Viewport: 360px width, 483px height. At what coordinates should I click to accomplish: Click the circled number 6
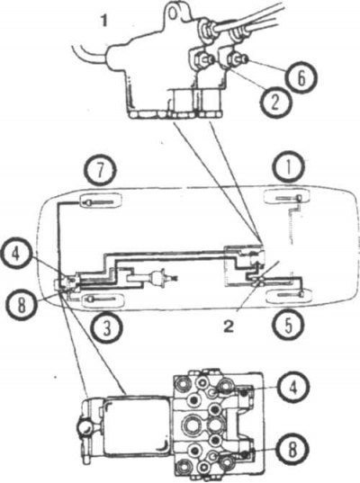click(x=301, y=76)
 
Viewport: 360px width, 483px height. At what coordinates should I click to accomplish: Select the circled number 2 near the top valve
click(x=275, y=103)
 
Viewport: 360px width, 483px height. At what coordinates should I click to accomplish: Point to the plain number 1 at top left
click(x=104, y=22)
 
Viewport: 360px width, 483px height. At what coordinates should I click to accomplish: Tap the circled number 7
click(x=100, y=170)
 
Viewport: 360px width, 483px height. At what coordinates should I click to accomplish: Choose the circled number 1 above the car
click(x=288, y=167)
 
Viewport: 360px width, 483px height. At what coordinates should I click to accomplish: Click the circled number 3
click(x=106, y=328)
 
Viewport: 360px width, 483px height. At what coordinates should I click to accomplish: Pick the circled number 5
click(x=288, y=325)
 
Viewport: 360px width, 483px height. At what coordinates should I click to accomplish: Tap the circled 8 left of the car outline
click(x=22, y=306)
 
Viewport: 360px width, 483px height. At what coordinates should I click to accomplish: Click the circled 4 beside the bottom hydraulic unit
click(x=292, y=387)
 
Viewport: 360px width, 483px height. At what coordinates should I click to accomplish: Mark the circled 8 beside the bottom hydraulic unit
click(x=292, y=450)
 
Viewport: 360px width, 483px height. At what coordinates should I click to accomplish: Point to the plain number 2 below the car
click(x=229, y=326)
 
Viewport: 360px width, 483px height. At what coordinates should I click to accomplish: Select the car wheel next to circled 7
click(x=101, y=201)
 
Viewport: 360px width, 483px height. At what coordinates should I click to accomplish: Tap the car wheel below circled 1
click(x=287, y=196)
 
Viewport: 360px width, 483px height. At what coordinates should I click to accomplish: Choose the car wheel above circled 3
click(x=103, y=300)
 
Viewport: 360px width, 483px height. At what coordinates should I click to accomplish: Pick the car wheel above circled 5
click(x=289, y=294)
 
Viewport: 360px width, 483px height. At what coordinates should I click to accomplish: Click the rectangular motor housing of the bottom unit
click(x=137, y=426)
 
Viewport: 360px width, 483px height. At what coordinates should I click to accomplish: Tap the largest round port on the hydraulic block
click(x=193, y=425)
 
